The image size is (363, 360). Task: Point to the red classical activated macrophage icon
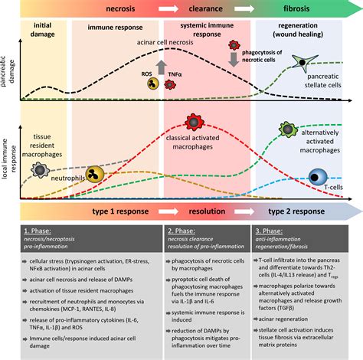coord(194,122)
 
